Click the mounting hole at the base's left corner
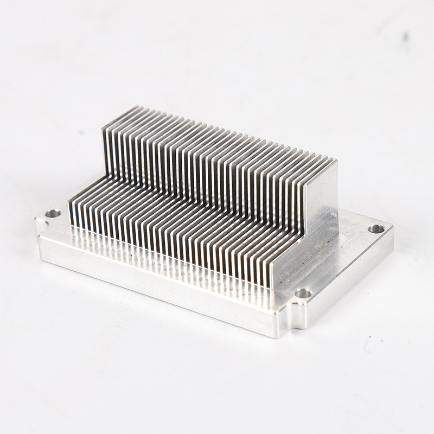coord(53,213)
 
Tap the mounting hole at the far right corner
coord(376,229)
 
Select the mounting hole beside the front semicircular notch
coord(303,293)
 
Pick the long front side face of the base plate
coord(157,282)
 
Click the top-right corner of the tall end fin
coord(337,161)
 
